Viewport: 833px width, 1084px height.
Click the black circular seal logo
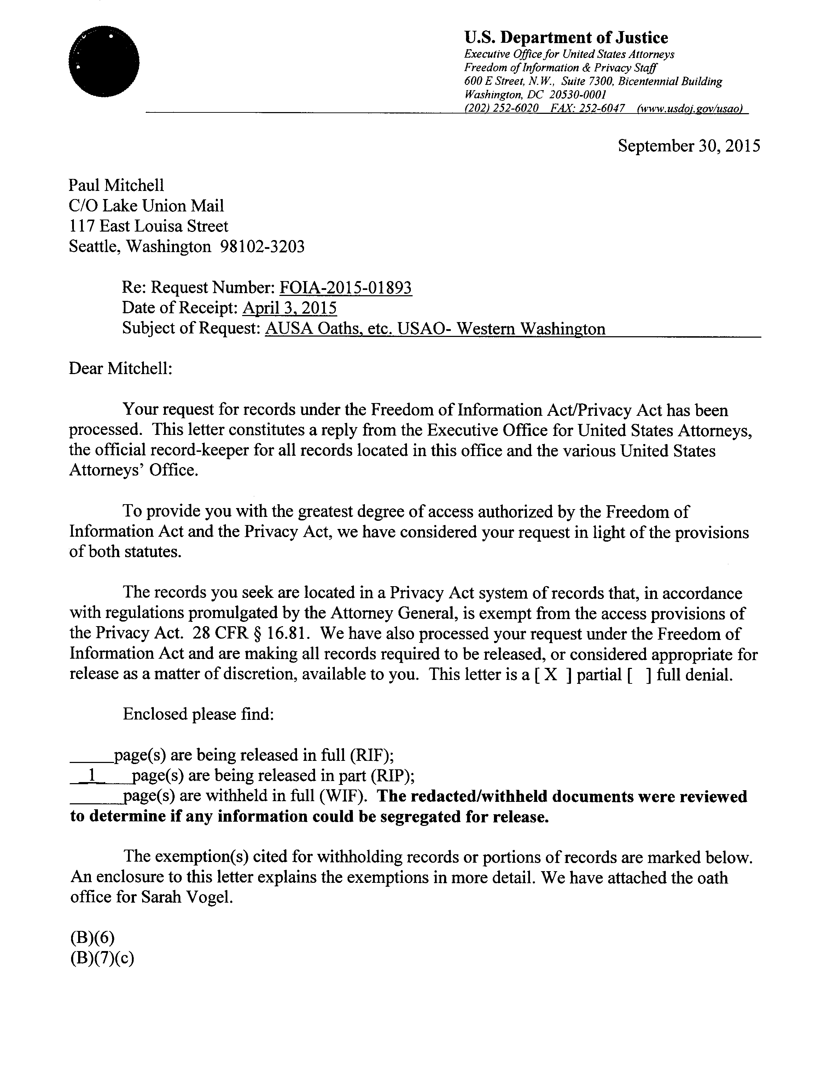(x=104, y=62)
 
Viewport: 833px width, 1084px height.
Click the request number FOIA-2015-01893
(x=345, y=287)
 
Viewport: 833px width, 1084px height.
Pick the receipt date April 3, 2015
(x=290, y=308)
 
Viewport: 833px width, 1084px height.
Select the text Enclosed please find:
(x=198, y=714)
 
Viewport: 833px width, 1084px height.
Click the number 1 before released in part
(x=91, y=775)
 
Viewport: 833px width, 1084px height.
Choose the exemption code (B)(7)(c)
(x=102, y=958)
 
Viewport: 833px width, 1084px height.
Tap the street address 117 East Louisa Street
(x=149, y=226)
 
